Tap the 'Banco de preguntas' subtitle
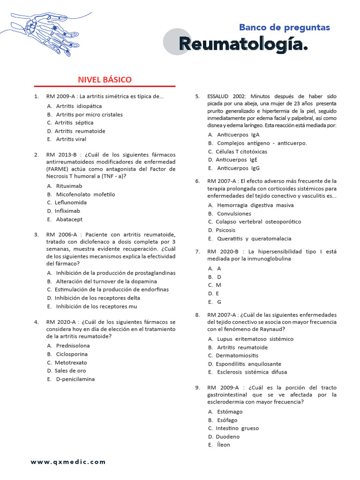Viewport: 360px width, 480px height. tap(284, 27)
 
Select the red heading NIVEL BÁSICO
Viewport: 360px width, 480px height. tap(105, 80)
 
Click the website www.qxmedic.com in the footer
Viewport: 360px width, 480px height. tap(68, 462)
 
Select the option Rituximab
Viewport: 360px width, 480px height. tap(69, 186)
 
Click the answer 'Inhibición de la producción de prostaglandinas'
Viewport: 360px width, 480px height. tap(115, 273)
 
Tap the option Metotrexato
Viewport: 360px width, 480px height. tap(71, 362)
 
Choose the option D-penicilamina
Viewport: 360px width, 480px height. tap(75, 379)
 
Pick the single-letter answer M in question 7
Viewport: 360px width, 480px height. tap(218, 285)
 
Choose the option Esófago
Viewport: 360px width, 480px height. tap(227, 420)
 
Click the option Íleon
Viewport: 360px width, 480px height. tap(224, 445)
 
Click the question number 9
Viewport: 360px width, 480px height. tap(197, 388)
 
